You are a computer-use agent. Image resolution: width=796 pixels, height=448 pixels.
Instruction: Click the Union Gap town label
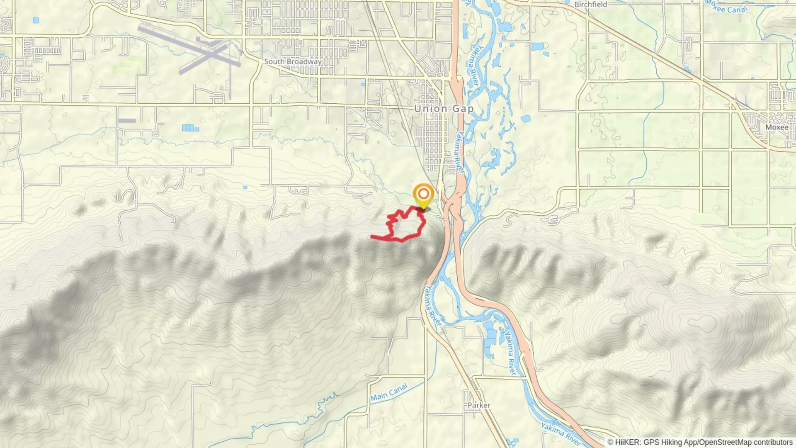(x=444, y=109)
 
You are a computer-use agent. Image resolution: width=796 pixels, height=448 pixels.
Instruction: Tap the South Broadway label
(x=293, y=61)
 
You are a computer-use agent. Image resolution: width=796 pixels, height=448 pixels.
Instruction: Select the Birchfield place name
(x=590, y=4)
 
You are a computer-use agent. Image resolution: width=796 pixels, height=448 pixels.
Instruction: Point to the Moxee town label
(x=777, y=127)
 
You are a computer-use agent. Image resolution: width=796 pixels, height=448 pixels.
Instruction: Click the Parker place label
(x=479, y=405)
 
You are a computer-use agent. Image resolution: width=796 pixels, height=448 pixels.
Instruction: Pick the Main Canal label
(x=389, y=392)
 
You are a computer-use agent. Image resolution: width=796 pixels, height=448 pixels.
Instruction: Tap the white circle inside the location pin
(x=423, y=193)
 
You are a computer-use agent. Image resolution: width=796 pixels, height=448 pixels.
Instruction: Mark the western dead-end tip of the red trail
(x=372, y=237)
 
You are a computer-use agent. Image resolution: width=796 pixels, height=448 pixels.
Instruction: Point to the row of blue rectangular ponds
(x=190, y=128)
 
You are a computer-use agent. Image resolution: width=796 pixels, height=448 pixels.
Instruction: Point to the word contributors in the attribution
(x=773, y=442)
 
